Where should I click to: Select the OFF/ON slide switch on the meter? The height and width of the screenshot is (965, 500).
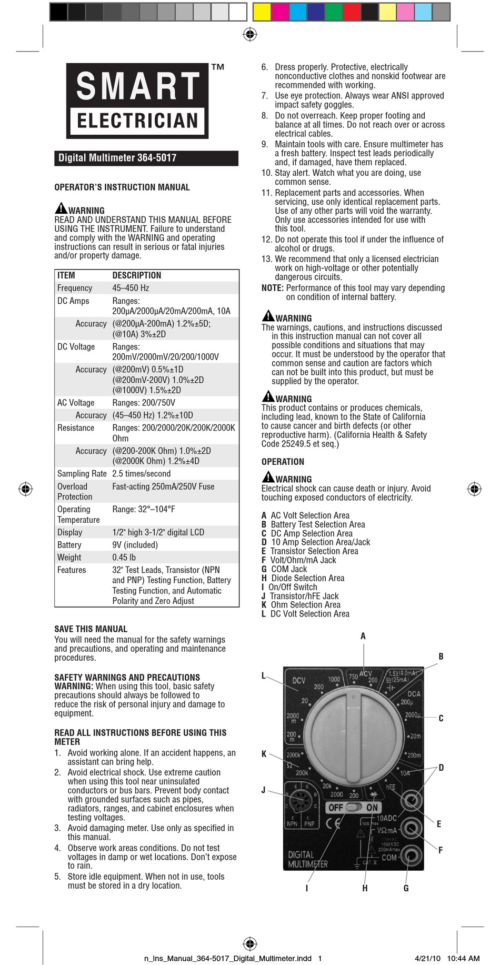353,808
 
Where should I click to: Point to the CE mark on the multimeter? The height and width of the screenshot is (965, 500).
333,824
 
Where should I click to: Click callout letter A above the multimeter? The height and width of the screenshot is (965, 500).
363,636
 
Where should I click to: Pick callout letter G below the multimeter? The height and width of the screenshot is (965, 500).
406,889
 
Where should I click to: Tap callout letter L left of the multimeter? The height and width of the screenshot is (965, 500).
264,676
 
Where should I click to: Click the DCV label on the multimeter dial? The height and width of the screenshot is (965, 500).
298,680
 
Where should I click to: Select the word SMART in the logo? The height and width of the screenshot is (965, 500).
138,87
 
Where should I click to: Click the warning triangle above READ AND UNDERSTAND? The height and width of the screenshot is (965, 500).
61,208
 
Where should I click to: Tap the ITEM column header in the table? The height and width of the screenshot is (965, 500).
66,275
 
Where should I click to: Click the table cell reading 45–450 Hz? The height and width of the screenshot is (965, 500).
131,288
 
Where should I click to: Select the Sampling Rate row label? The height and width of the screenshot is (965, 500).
82,474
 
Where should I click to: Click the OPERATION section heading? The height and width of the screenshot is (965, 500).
283,462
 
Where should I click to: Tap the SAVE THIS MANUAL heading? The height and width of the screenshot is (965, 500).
91,629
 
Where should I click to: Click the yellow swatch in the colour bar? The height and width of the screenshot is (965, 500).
262,12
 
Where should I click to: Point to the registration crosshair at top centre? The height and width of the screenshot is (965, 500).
250,35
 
